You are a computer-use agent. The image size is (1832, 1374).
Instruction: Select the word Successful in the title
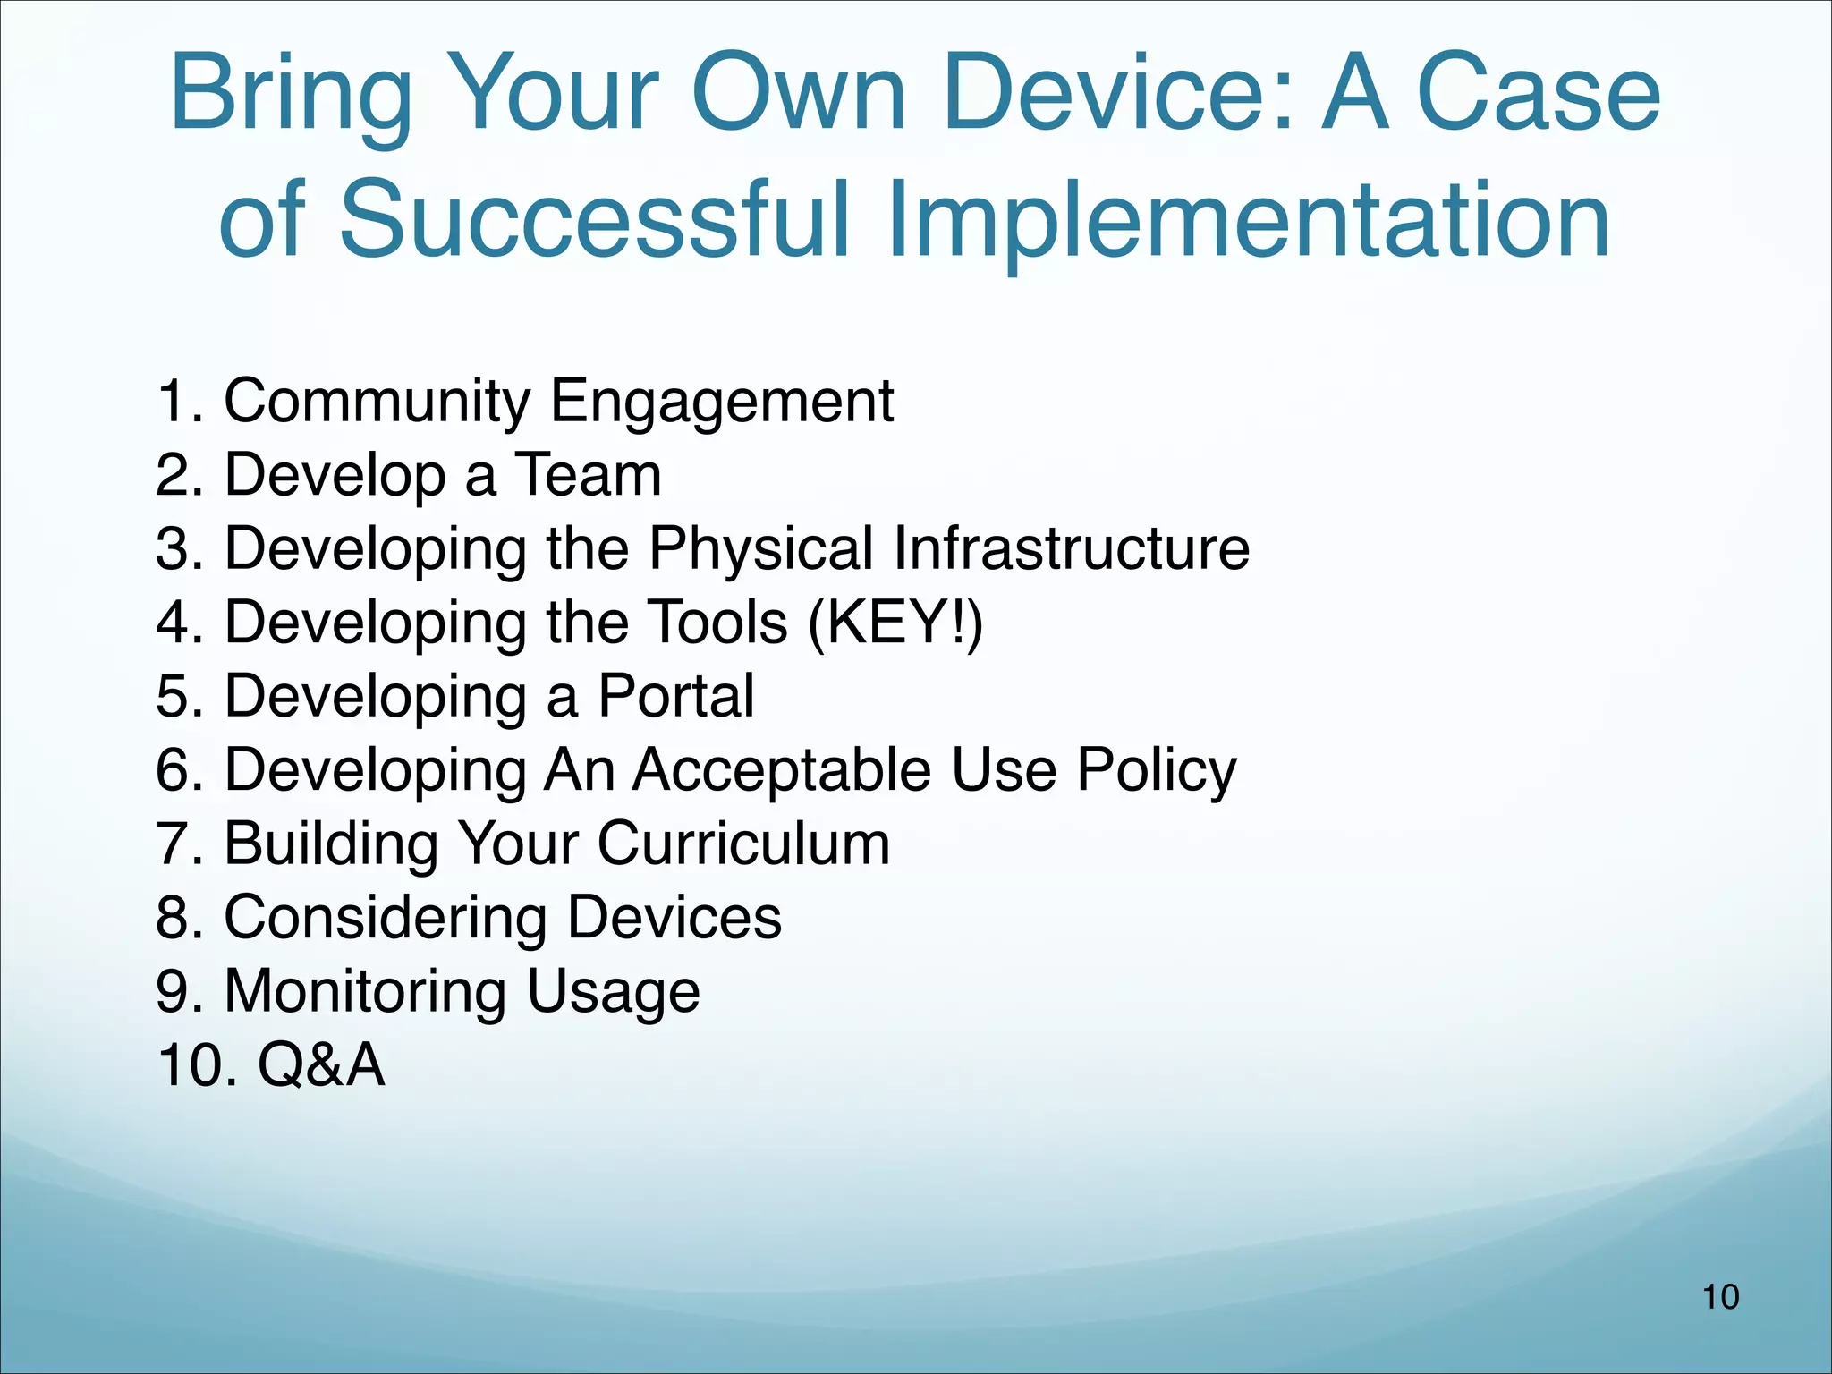click(x=594, y=219)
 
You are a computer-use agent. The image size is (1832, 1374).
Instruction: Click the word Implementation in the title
click(x=1248, y=219)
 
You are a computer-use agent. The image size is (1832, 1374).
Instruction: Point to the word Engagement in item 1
click(x=721, y=402)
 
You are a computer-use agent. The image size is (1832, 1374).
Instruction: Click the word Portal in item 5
click(x=675, y=696)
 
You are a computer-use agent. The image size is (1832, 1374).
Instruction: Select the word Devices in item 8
click(x=674, y=918)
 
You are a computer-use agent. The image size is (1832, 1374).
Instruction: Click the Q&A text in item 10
click(x=321, y=1065)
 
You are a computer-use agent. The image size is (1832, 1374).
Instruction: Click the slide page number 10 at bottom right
click(x=1720, y=1297)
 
